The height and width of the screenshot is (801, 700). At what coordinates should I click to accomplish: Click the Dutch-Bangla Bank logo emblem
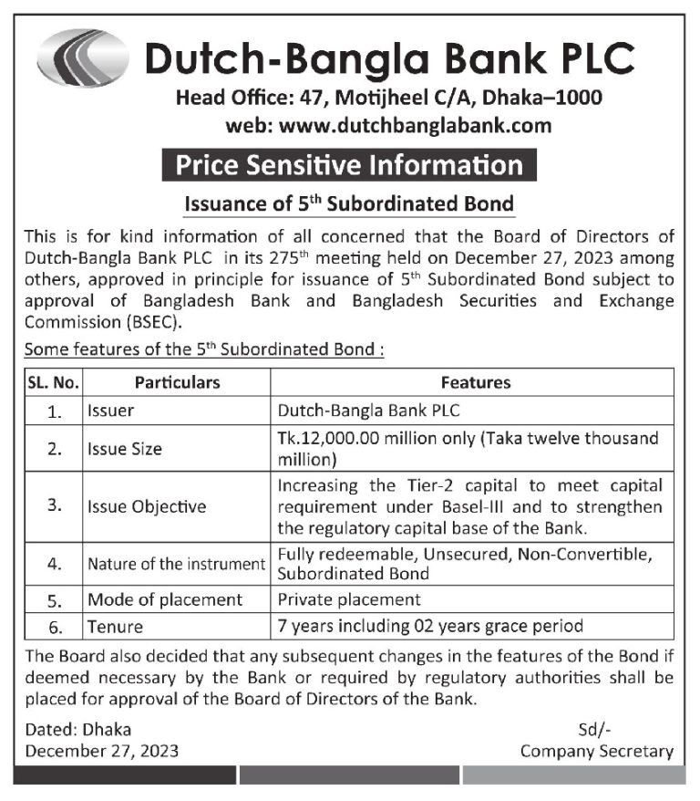point(83,57)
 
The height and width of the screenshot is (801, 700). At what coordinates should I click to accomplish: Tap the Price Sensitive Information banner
point(349,165)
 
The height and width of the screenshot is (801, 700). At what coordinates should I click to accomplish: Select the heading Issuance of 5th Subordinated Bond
point(349,203)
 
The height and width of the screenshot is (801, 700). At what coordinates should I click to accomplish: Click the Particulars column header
point(178,382)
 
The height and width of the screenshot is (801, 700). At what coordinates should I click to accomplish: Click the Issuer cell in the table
point(111,411)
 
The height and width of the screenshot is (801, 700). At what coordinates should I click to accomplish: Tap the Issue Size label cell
point(125,448)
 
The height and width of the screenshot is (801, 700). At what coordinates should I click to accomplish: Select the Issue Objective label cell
point(147,506)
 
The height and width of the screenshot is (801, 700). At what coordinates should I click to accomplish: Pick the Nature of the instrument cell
point(176,564)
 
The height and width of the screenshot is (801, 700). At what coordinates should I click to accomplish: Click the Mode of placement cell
point(165,599)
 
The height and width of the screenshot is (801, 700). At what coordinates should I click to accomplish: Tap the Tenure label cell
point(115,626)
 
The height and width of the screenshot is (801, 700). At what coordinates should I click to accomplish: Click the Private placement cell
point(349,599)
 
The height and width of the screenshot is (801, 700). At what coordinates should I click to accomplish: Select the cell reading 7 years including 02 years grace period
point(429,626)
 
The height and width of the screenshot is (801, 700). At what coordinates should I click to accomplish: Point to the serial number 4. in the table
point(54,565)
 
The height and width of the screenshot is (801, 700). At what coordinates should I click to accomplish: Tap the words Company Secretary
point(597,752)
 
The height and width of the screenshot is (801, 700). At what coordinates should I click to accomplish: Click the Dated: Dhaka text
point(78,729)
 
